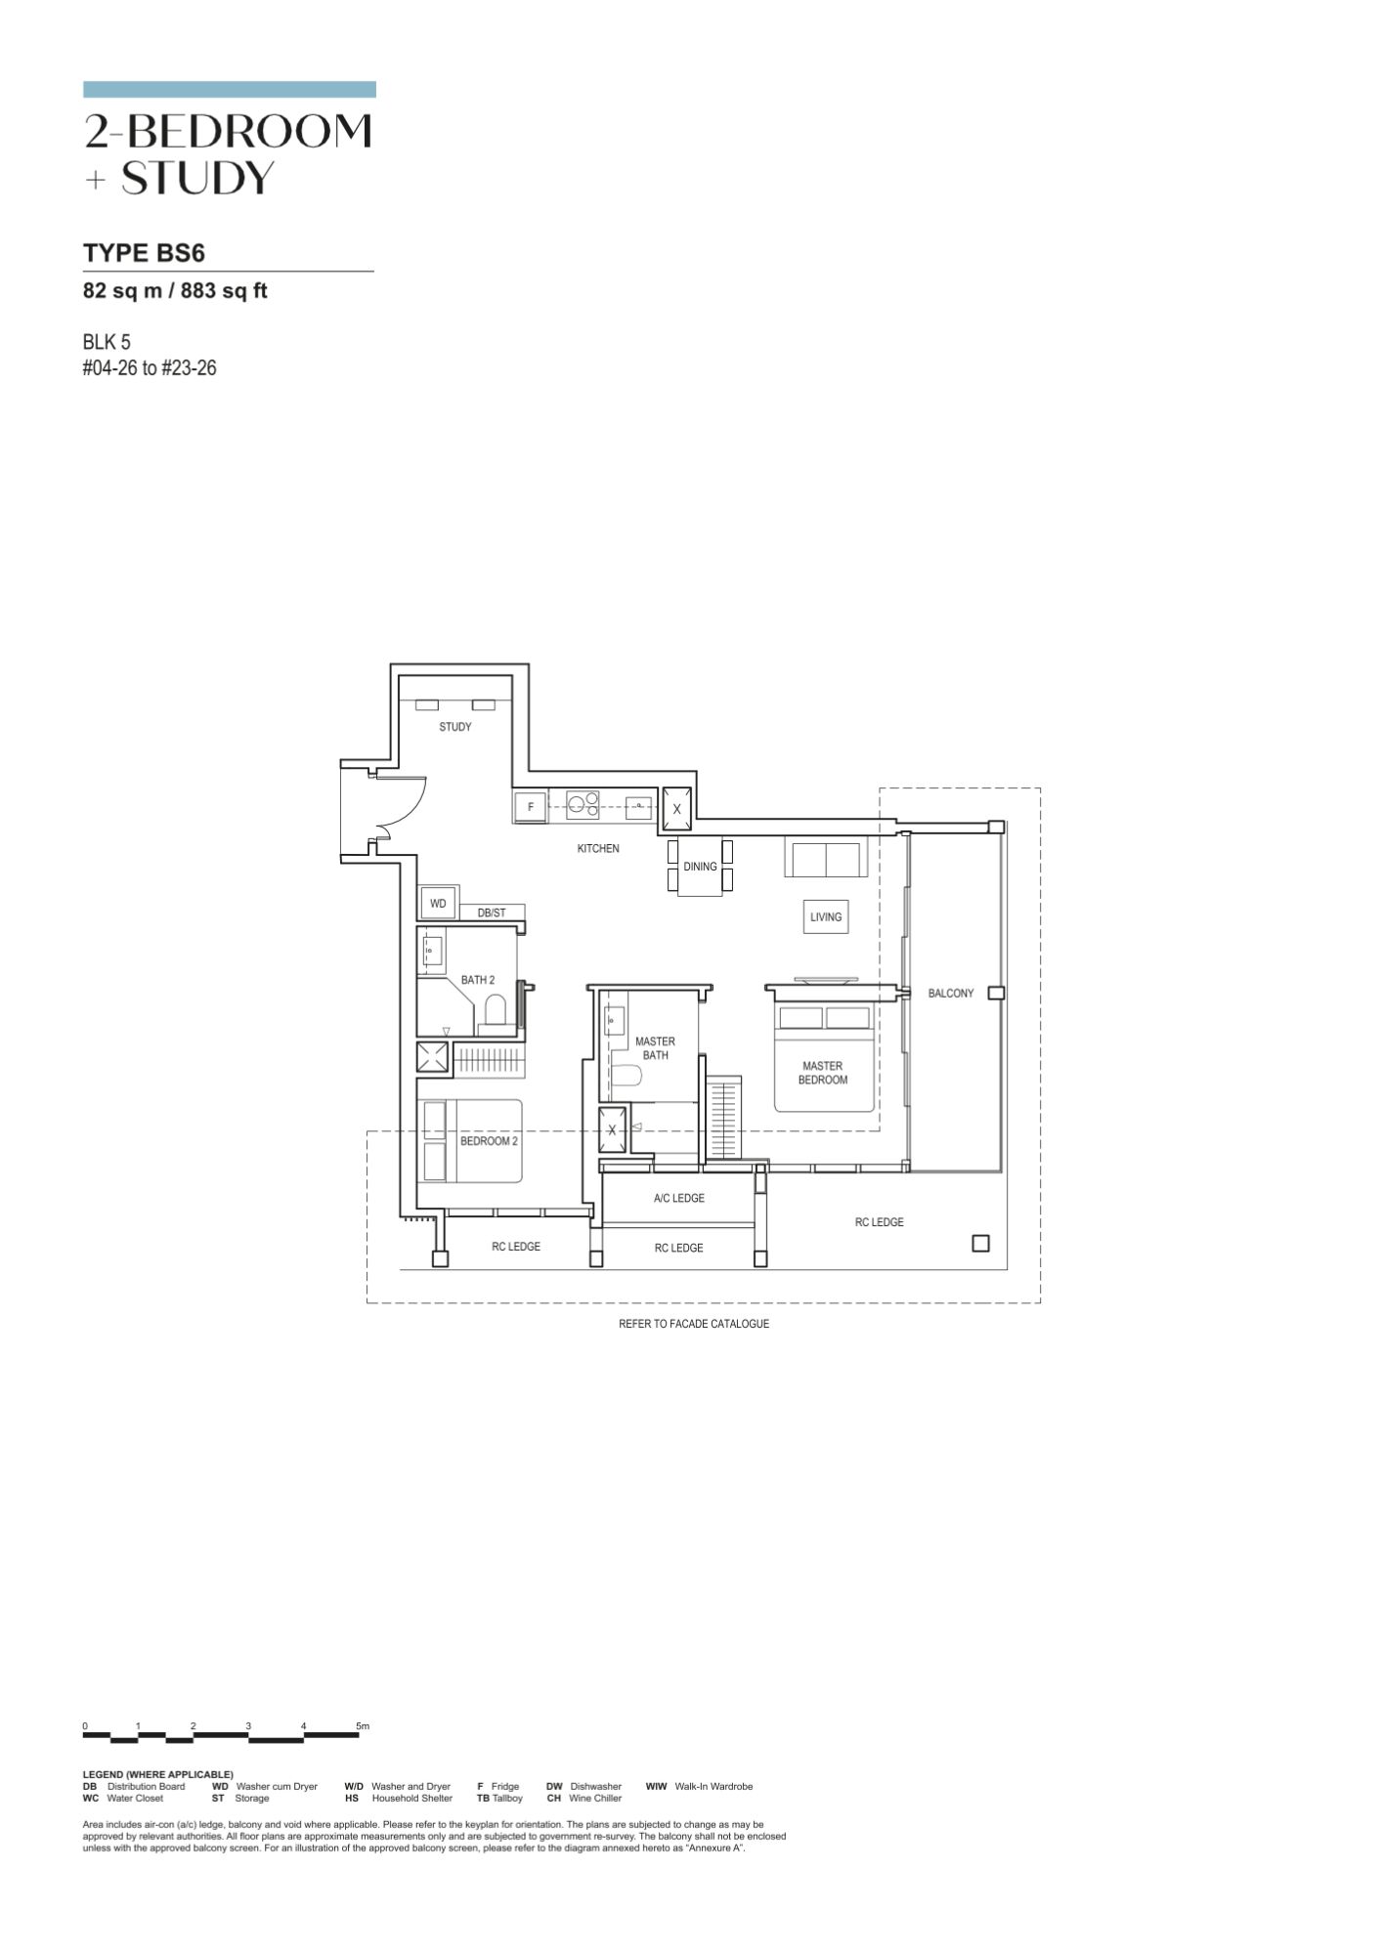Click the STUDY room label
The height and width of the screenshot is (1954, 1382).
pos(455,727)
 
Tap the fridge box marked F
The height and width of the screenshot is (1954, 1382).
pos(531,807)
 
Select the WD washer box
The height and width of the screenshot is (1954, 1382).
pos(438,904)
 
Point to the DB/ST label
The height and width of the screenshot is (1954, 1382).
pos(492,913)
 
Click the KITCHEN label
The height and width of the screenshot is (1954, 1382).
pos(598,849)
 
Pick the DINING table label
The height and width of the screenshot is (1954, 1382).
pos(700,867)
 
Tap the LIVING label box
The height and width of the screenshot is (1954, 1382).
pos(826,917)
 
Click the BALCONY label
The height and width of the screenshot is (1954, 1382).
pos(951,994)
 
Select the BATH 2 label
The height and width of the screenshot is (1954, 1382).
pos(478,980)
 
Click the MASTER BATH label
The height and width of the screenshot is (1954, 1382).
pos(655,1048)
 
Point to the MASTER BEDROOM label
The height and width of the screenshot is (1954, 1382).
pos(823,1073)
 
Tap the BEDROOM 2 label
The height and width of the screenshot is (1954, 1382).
pos(489,1141)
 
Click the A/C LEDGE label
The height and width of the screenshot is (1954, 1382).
pos(679,1198)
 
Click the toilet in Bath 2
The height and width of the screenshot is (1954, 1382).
pos(496,1010)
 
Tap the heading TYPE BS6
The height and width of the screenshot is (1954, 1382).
pos(144,253)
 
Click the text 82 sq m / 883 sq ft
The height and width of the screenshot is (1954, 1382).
pos(175,290)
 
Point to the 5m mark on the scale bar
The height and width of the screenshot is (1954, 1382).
pos(363,1726)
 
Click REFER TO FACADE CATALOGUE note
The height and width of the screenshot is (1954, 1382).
pos(694,1324)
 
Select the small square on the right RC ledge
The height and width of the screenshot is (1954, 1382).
pos(981,1244)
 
